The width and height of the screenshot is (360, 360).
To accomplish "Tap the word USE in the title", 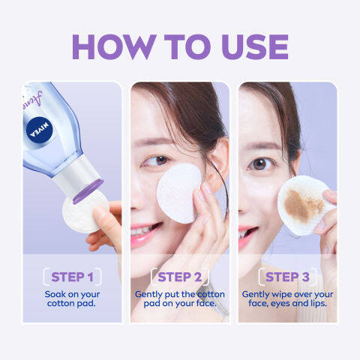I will click(x=249, y=46).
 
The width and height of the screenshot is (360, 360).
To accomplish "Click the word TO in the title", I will click(x=187, y=46).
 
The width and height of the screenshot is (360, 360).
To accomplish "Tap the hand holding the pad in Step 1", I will click(x=105, y=229).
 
